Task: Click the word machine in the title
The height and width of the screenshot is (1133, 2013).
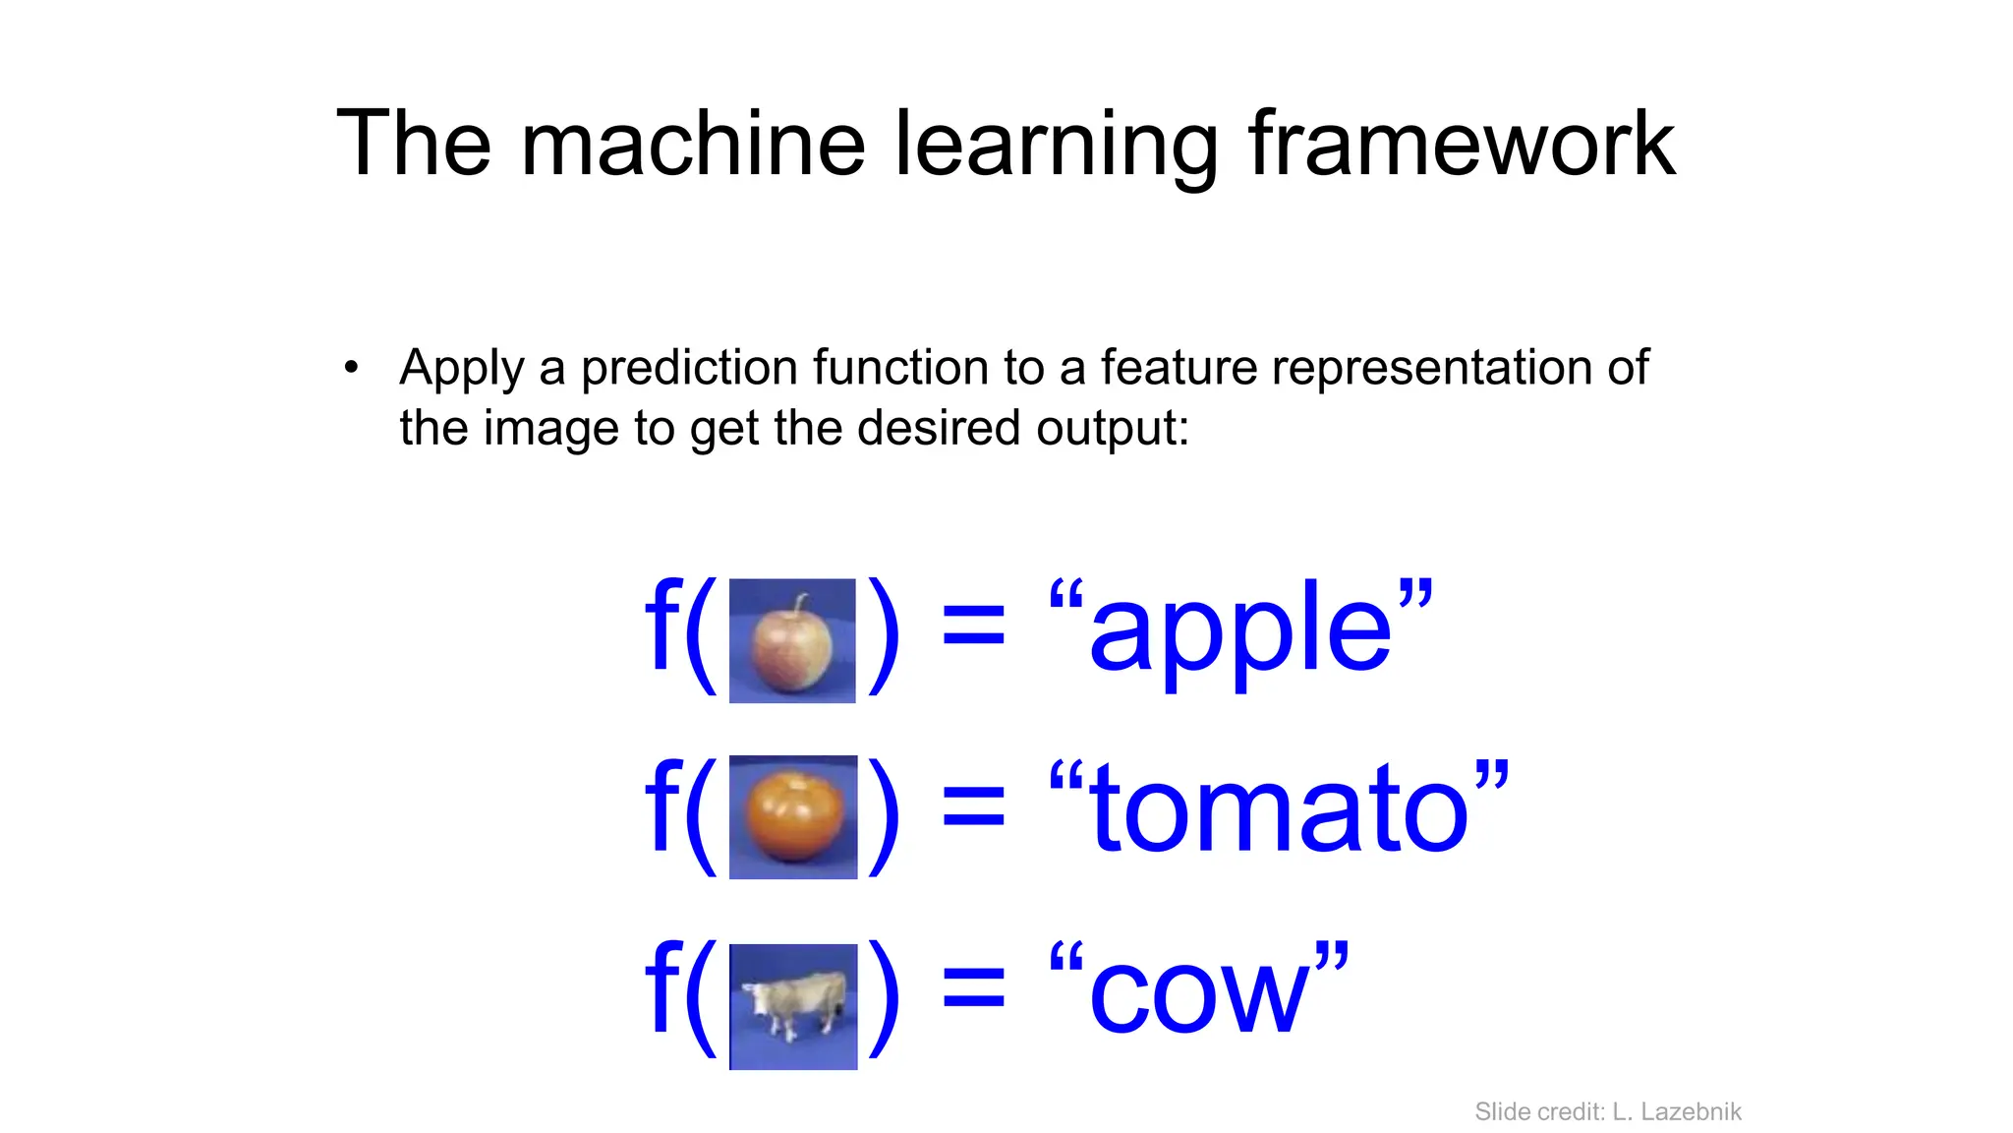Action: pyautogui.click(x=693, y=145)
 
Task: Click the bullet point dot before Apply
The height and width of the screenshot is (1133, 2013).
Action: pyautogui.click(x=352, y=369)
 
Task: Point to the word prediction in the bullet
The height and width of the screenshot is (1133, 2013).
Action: pyautogui.click(x=688, y=369)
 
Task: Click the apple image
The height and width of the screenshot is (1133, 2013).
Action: pyautogui.click(x=792, y=641)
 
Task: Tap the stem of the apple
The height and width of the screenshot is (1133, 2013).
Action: pyautogui.click(x=801, y=604)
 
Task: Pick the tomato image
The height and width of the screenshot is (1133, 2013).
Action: pyautogui.click(x=793, y=817)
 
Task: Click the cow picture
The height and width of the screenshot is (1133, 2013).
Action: pyautogui.click(x=793, y=1006)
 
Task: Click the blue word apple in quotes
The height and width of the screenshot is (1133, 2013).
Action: pyautogui.click(x=1240, y=629)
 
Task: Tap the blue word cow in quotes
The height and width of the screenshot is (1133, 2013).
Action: pyautogui.click(x=1199, y=993)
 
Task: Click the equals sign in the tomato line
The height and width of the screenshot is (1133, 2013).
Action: pyautogui.click(x=973, y=812)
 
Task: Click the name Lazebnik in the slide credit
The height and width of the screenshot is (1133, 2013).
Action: pyautogui.click(x=1691, y=1111)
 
